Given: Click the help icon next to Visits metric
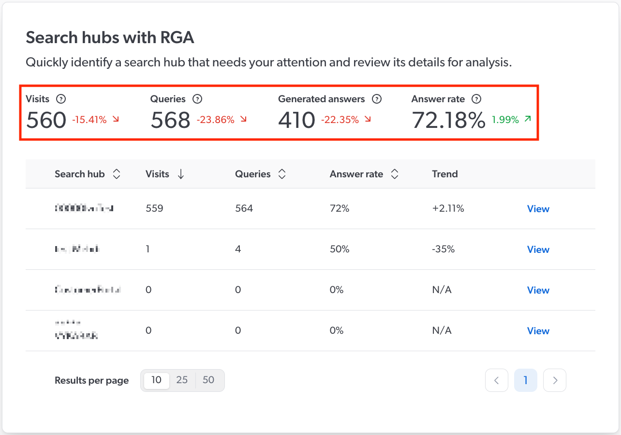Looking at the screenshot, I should [61, 99].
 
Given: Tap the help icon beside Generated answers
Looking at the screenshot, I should [377, 99].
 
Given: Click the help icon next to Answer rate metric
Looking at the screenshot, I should [477, 99].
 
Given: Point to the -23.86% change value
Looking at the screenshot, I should [215, 120].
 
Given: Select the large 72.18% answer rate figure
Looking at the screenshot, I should [448, 120].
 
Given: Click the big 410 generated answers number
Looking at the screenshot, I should [296, 120].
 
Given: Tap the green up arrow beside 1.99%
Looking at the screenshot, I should [527, 119].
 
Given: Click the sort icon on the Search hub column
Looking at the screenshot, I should [117, 174].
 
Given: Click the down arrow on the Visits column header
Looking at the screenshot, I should [181, 174].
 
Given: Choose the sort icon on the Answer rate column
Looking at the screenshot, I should [395, 174].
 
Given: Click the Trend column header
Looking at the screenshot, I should [444, 174].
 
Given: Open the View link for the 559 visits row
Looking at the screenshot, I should [538, 209].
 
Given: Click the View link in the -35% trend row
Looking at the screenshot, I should [538, 249].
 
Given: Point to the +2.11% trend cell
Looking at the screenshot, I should [448, 209].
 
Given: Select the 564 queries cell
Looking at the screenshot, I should [244, 209].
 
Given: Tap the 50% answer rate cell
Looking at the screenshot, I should [339, 249].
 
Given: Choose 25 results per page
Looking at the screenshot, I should [182, 380].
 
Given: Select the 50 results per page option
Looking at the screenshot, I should [208, 380].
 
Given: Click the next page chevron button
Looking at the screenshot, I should [555, 381].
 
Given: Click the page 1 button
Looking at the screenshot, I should [526, 381].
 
